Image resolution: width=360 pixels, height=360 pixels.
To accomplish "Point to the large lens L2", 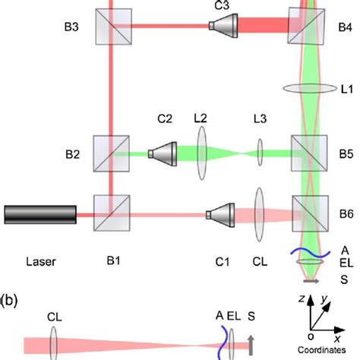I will pyautogui.click(x=202, y=152).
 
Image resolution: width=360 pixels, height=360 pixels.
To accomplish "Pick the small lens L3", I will pyautogui.click(x=261, y=151).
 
